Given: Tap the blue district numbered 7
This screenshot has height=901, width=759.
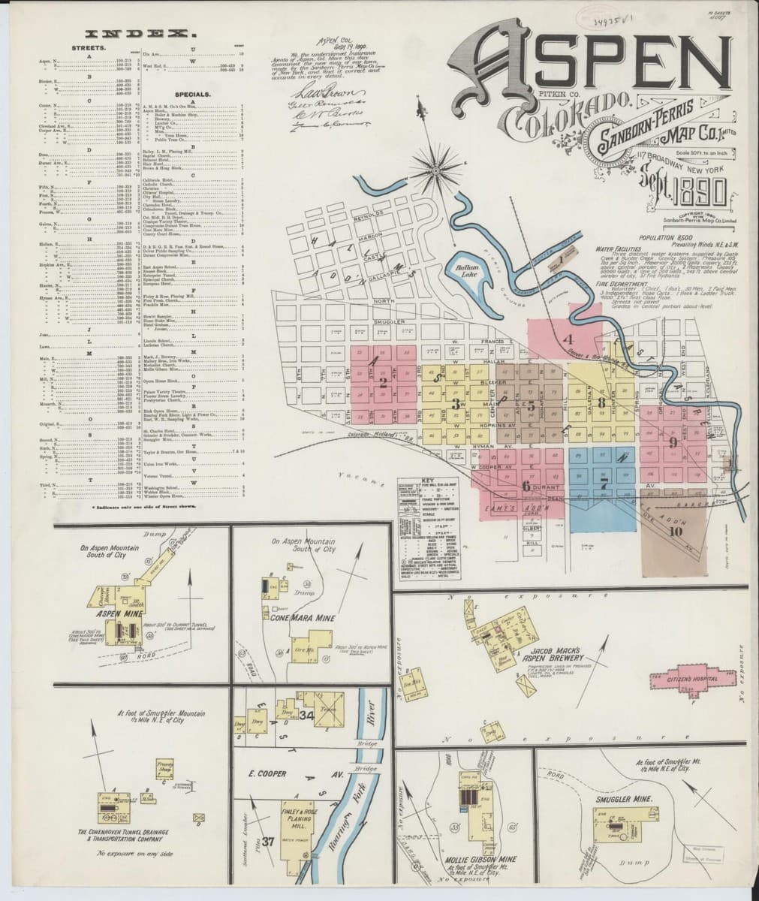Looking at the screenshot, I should tap(604, 484).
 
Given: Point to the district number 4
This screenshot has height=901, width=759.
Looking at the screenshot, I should tap(570, 338).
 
